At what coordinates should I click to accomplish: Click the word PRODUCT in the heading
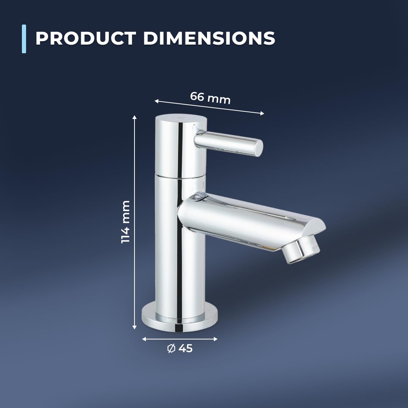(x=86, y=38)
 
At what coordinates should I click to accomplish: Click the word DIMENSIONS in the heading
(x=209, y=38)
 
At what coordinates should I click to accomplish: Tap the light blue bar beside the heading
(x=24, y=39)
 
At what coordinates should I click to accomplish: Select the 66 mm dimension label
(x=210, y=98)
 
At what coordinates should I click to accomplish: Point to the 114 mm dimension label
(x=126, y=222)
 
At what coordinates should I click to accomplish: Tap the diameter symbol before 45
(x=171, y=348)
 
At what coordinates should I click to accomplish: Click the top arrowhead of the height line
(x=134, y=117)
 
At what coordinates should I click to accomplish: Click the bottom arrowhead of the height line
(x=134, y=327)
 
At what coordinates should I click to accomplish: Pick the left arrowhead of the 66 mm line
(x=157, y=101)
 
